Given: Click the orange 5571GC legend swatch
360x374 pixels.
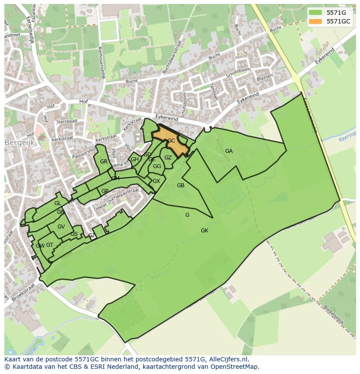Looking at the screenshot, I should point(316,21).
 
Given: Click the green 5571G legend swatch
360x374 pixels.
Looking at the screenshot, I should point(316,13).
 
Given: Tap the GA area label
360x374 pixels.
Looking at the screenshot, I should point(229,151).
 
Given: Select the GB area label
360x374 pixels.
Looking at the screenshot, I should point(180,185).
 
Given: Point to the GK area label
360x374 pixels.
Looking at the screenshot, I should point(204,231).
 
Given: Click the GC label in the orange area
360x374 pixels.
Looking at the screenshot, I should point(171,141).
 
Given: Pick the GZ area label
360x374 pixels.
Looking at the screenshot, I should point(168,158).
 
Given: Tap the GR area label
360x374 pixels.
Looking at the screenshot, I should point(103,162).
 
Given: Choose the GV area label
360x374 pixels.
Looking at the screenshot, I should point(61,227).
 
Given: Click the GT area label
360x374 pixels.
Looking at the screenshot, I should point(50,245).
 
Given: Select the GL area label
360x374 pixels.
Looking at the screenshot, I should point(57,203).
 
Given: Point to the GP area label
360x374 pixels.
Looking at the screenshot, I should point(105,191).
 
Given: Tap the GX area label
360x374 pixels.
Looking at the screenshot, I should point(156,181).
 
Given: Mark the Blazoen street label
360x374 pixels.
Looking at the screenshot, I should point(265,77).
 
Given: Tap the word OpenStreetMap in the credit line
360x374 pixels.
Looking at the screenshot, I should point(235,367).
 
